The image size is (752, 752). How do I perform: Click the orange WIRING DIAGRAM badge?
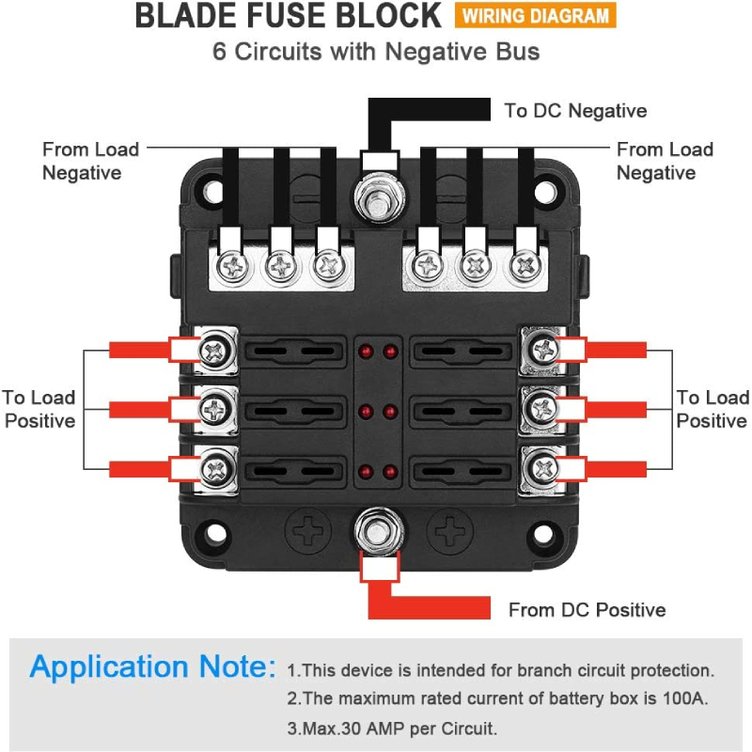535,16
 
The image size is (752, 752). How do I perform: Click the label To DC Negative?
575,111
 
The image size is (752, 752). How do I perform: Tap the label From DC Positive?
587,610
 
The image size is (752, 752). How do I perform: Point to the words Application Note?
153,667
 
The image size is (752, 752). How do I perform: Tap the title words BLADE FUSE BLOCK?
288,16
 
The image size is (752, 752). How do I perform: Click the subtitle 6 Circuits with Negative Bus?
376,51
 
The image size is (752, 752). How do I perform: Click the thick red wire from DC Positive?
432,606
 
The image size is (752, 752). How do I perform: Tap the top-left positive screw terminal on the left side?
215,350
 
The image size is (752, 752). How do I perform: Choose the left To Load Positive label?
39,409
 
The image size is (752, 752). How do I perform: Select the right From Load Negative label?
665,161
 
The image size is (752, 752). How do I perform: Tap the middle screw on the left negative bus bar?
280,266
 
